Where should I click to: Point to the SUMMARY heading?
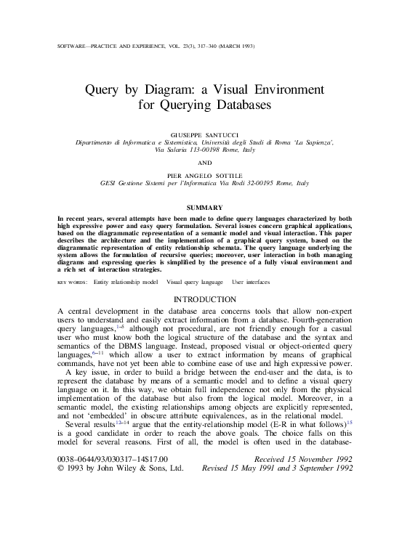pyautogui.click(x=204, y=208)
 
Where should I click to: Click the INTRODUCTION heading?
pyautogui.click(x=204, y=299)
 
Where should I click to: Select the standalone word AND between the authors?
pyautogui.click(x=204, y=163)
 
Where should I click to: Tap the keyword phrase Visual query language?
pyautogui.click(x=194, y=281)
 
